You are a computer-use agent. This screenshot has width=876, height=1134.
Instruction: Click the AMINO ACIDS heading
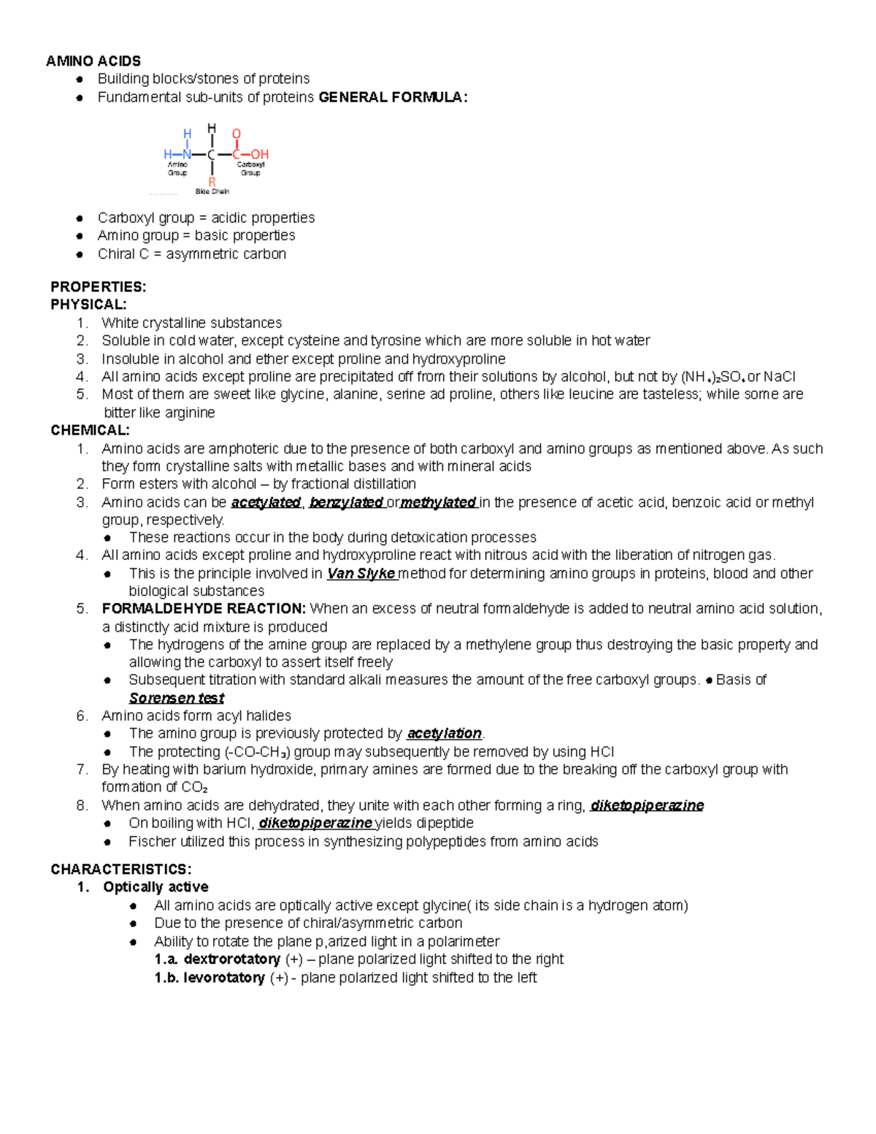pos(93,61)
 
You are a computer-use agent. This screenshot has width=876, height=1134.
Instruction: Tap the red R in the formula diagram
pos(212,182)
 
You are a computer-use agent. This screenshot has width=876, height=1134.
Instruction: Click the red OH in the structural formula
pos(260,155)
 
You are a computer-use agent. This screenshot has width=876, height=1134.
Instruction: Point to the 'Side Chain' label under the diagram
pos(212,192)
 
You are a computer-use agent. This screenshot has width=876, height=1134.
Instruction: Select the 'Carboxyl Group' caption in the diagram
pos(250,169)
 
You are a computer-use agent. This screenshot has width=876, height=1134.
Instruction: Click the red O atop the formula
pos(237,134)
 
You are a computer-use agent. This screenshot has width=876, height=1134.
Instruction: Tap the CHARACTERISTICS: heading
pos(121,869)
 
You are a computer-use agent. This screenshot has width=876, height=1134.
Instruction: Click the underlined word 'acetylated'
pos(266,502)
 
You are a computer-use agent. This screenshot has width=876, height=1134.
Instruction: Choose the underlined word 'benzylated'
pos(346,502)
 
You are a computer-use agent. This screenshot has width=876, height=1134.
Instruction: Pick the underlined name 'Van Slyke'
pos(361,573)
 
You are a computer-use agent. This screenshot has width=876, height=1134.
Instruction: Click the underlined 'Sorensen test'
pos(176,698)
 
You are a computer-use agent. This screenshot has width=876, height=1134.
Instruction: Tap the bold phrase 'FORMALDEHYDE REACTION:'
pos(204,609)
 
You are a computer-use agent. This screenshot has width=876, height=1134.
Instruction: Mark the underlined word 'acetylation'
pos(444,733)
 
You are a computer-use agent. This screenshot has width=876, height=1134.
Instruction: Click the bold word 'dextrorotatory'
pos(232,959)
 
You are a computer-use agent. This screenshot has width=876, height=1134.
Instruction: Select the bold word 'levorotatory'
pos(224,977)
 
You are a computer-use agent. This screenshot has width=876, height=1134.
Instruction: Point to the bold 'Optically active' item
pos(155,887)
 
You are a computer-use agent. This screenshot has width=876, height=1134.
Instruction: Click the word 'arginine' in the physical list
pos(189,413)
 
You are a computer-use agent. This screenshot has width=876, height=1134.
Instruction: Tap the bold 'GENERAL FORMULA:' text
pos(393,97)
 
